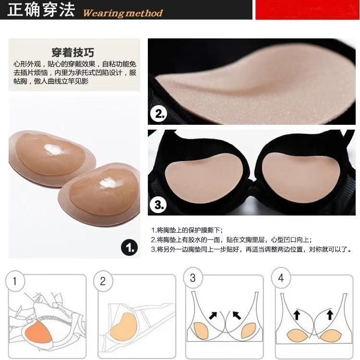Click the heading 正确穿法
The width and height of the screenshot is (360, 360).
(41, 10)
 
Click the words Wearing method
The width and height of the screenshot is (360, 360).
(123, 13)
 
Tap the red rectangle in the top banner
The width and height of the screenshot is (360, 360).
(307, 10)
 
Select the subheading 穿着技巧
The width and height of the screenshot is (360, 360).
(73, 53)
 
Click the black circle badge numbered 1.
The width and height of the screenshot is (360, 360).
(130, 248)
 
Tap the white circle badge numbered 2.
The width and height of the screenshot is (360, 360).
(159, 114)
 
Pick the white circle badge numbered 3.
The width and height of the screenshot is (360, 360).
(158, 204)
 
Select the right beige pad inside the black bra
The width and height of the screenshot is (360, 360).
(298, 176)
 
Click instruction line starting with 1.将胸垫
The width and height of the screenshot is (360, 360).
(187, 230)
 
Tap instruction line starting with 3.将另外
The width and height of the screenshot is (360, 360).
(251, 249)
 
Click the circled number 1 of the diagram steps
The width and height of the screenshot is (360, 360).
(15, 281)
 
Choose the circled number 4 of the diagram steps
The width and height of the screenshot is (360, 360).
(281, 278)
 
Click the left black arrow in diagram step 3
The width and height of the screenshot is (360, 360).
(213, 315)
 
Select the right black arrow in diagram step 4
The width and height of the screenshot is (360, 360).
(330, 314)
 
